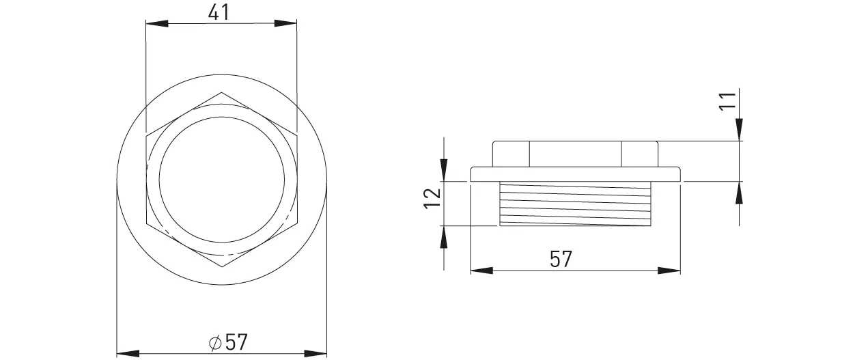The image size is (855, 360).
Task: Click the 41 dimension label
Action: pyautogui.click(x=219, y=12)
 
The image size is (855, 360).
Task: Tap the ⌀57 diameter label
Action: pyautogui.click(x=228, y=342)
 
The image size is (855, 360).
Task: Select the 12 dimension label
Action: pyautogui.click(x=433, y=198)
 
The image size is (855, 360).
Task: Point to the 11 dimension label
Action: pyautogui.click(x=727, y=101)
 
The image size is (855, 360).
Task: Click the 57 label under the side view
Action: pyautogui.click(x=561, y=259)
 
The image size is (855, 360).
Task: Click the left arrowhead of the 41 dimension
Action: pyautogui.click(x=157, y=23)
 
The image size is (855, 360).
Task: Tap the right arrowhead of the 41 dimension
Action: pyautogui.click(x=285, y=23)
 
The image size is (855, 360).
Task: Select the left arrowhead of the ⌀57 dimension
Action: pyautogui.click(x=128, y=353)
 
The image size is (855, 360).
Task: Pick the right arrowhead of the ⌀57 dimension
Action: pyautogui.click(x=316, y=353)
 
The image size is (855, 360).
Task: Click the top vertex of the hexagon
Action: pyautogui.click(x=221, y=92)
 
